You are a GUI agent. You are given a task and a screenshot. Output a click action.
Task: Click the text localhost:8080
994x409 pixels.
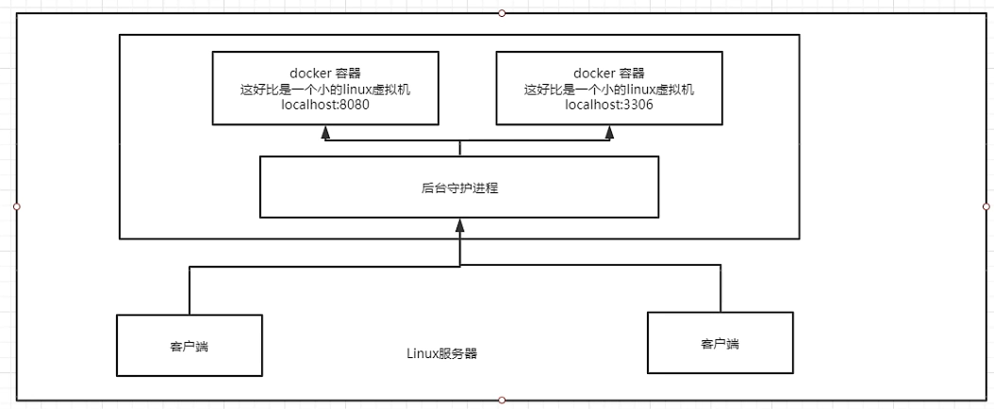(x=326, y=106)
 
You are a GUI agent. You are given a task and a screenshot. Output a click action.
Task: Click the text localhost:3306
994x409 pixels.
(x=609, y=106)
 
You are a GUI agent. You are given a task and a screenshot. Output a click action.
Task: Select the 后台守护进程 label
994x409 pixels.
(x=459, y=188)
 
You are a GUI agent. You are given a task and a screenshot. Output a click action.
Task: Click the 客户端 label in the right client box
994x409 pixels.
(x=721, y=344)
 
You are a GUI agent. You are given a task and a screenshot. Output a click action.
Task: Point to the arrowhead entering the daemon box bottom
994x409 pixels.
(x=459, y=225)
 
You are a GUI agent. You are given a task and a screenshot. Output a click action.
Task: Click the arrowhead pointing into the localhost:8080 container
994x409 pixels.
(x=326, y=133)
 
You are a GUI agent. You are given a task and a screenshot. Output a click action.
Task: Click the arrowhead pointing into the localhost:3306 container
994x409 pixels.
(x=609, y=133)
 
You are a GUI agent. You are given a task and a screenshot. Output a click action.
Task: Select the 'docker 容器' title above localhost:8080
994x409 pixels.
(x=326, y=73)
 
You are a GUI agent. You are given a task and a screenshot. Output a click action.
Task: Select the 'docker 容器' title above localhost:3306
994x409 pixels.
(x=609, y=73)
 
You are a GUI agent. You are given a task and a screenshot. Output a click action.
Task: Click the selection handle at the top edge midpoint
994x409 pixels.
(x=502, y=13)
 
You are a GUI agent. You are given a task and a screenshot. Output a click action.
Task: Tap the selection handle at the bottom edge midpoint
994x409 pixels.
(x=502, y=401)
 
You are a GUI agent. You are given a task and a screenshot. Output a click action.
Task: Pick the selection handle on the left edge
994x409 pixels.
(x=16, y=205)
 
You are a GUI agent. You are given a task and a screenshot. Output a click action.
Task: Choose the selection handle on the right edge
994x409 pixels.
(x=986, y=205)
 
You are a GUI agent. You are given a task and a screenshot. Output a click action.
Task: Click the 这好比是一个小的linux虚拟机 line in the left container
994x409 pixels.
(x=326, y=90)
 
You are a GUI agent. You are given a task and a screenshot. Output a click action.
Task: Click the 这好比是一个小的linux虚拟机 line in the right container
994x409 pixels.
(x=609, y=90)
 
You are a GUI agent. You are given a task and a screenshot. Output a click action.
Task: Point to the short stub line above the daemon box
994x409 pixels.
(x=459, y=148)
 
